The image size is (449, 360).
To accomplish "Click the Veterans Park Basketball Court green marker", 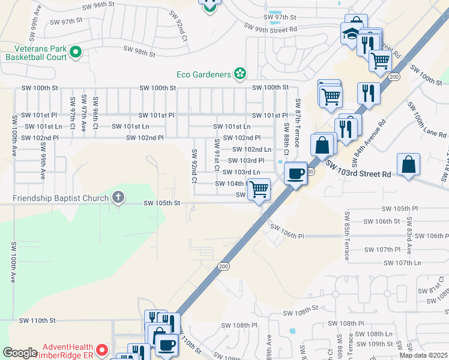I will point(76,53).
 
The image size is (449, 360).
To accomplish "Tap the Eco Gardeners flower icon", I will point(240,74).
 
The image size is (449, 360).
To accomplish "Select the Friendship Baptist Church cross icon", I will point(119,197).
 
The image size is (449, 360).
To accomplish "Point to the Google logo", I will point(20,353).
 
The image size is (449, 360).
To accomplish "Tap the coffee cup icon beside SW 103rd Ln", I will point(295,173).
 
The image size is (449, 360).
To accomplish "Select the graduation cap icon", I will point(351,34).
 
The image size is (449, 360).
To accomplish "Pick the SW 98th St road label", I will point(139,52).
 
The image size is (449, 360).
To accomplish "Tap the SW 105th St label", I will point(161,203).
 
